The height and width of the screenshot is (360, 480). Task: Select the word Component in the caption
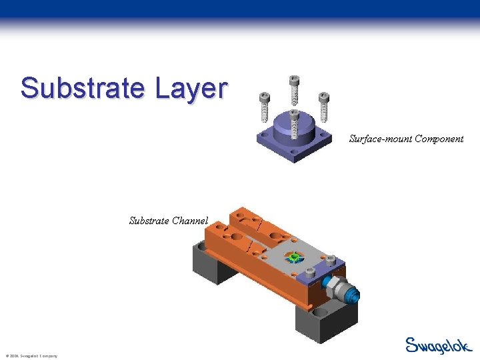click(439, 139)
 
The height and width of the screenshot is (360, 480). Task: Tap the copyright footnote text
click(31, 356)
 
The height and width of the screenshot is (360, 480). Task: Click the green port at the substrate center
click(293, 257)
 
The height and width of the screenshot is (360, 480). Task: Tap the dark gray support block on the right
click(319, 320)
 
